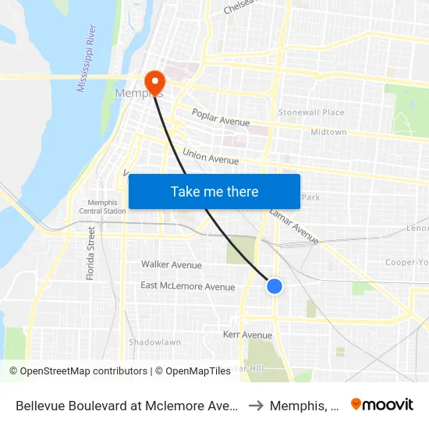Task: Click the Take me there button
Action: pyautogui.click(x=214, y=191)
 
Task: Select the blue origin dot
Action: pyautogui.click(x=275, y=286)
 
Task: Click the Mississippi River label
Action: pyautogui.click(x=87, y=58)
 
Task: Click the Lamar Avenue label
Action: pyautogui.click(x=293, y=226)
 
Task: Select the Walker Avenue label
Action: pyautogui.click(x=171, y=265)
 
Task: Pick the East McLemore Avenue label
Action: pyautogui.click(x=187, y=286)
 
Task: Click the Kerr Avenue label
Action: pyautogui.click(x=247, y=335)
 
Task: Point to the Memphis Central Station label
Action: pyautogui.click(x=102, y=207)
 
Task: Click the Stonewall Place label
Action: pyautogui.click(x=311, y=112)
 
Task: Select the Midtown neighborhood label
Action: pyautogui.click(x=328, y=133)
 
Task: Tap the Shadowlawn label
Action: pyautogui.click(x=154, y=342)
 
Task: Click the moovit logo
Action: pyautogui.click(x=382, y=405)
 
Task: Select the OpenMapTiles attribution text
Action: pyautogui.click(x=193, y=371)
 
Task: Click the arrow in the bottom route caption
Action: pyautogui.click(x=254, y=406)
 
